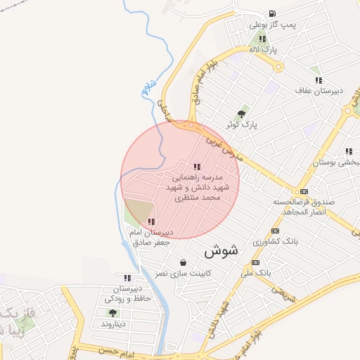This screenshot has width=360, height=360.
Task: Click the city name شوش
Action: tap(222, 250)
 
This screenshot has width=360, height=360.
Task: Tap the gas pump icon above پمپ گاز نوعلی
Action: tap(271, 13)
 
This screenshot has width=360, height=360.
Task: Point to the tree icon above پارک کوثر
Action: tap(242, 112)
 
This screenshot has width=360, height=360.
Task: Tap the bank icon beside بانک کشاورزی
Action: tap(275, 230)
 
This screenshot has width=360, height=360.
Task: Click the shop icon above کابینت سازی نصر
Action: tap(184, 262)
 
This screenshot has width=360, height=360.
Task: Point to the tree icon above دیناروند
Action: tap(112, 313)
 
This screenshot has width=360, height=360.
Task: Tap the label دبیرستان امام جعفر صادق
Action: tap(152, 237)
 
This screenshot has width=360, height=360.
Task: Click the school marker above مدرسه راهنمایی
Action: tap(197, 167)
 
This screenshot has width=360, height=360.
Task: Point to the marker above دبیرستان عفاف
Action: tap(319, 80)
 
